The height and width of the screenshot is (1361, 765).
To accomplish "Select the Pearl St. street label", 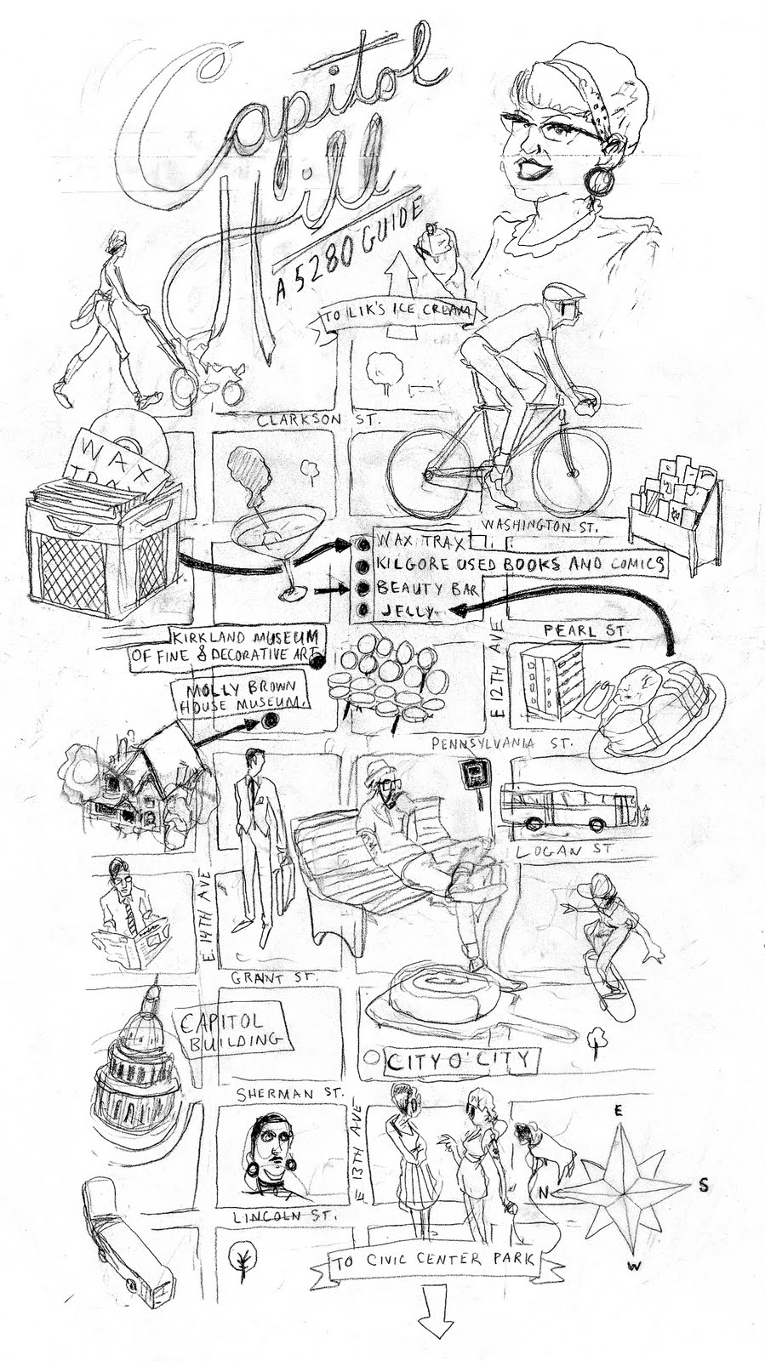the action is pyautogui.click(x=587, y=631).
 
